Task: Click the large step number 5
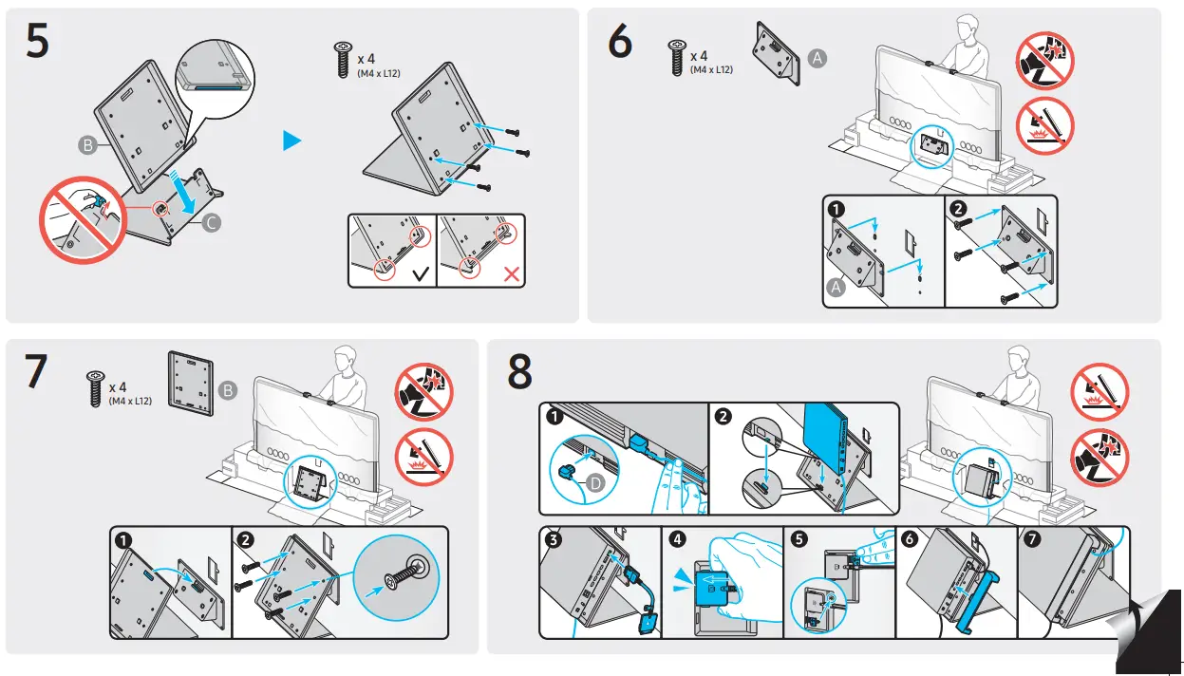37,43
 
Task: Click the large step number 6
619,43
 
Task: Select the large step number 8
519,372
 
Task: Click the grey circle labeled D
595,482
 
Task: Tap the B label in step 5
87,145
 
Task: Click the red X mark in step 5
511,275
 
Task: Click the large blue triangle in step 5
292,141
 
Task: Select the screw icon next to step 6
677,58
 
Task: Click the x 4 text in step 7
118,387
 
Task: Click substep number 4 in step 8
677,539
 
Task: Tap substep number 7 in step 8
1032,539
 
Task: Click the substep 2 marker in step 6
959,210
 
